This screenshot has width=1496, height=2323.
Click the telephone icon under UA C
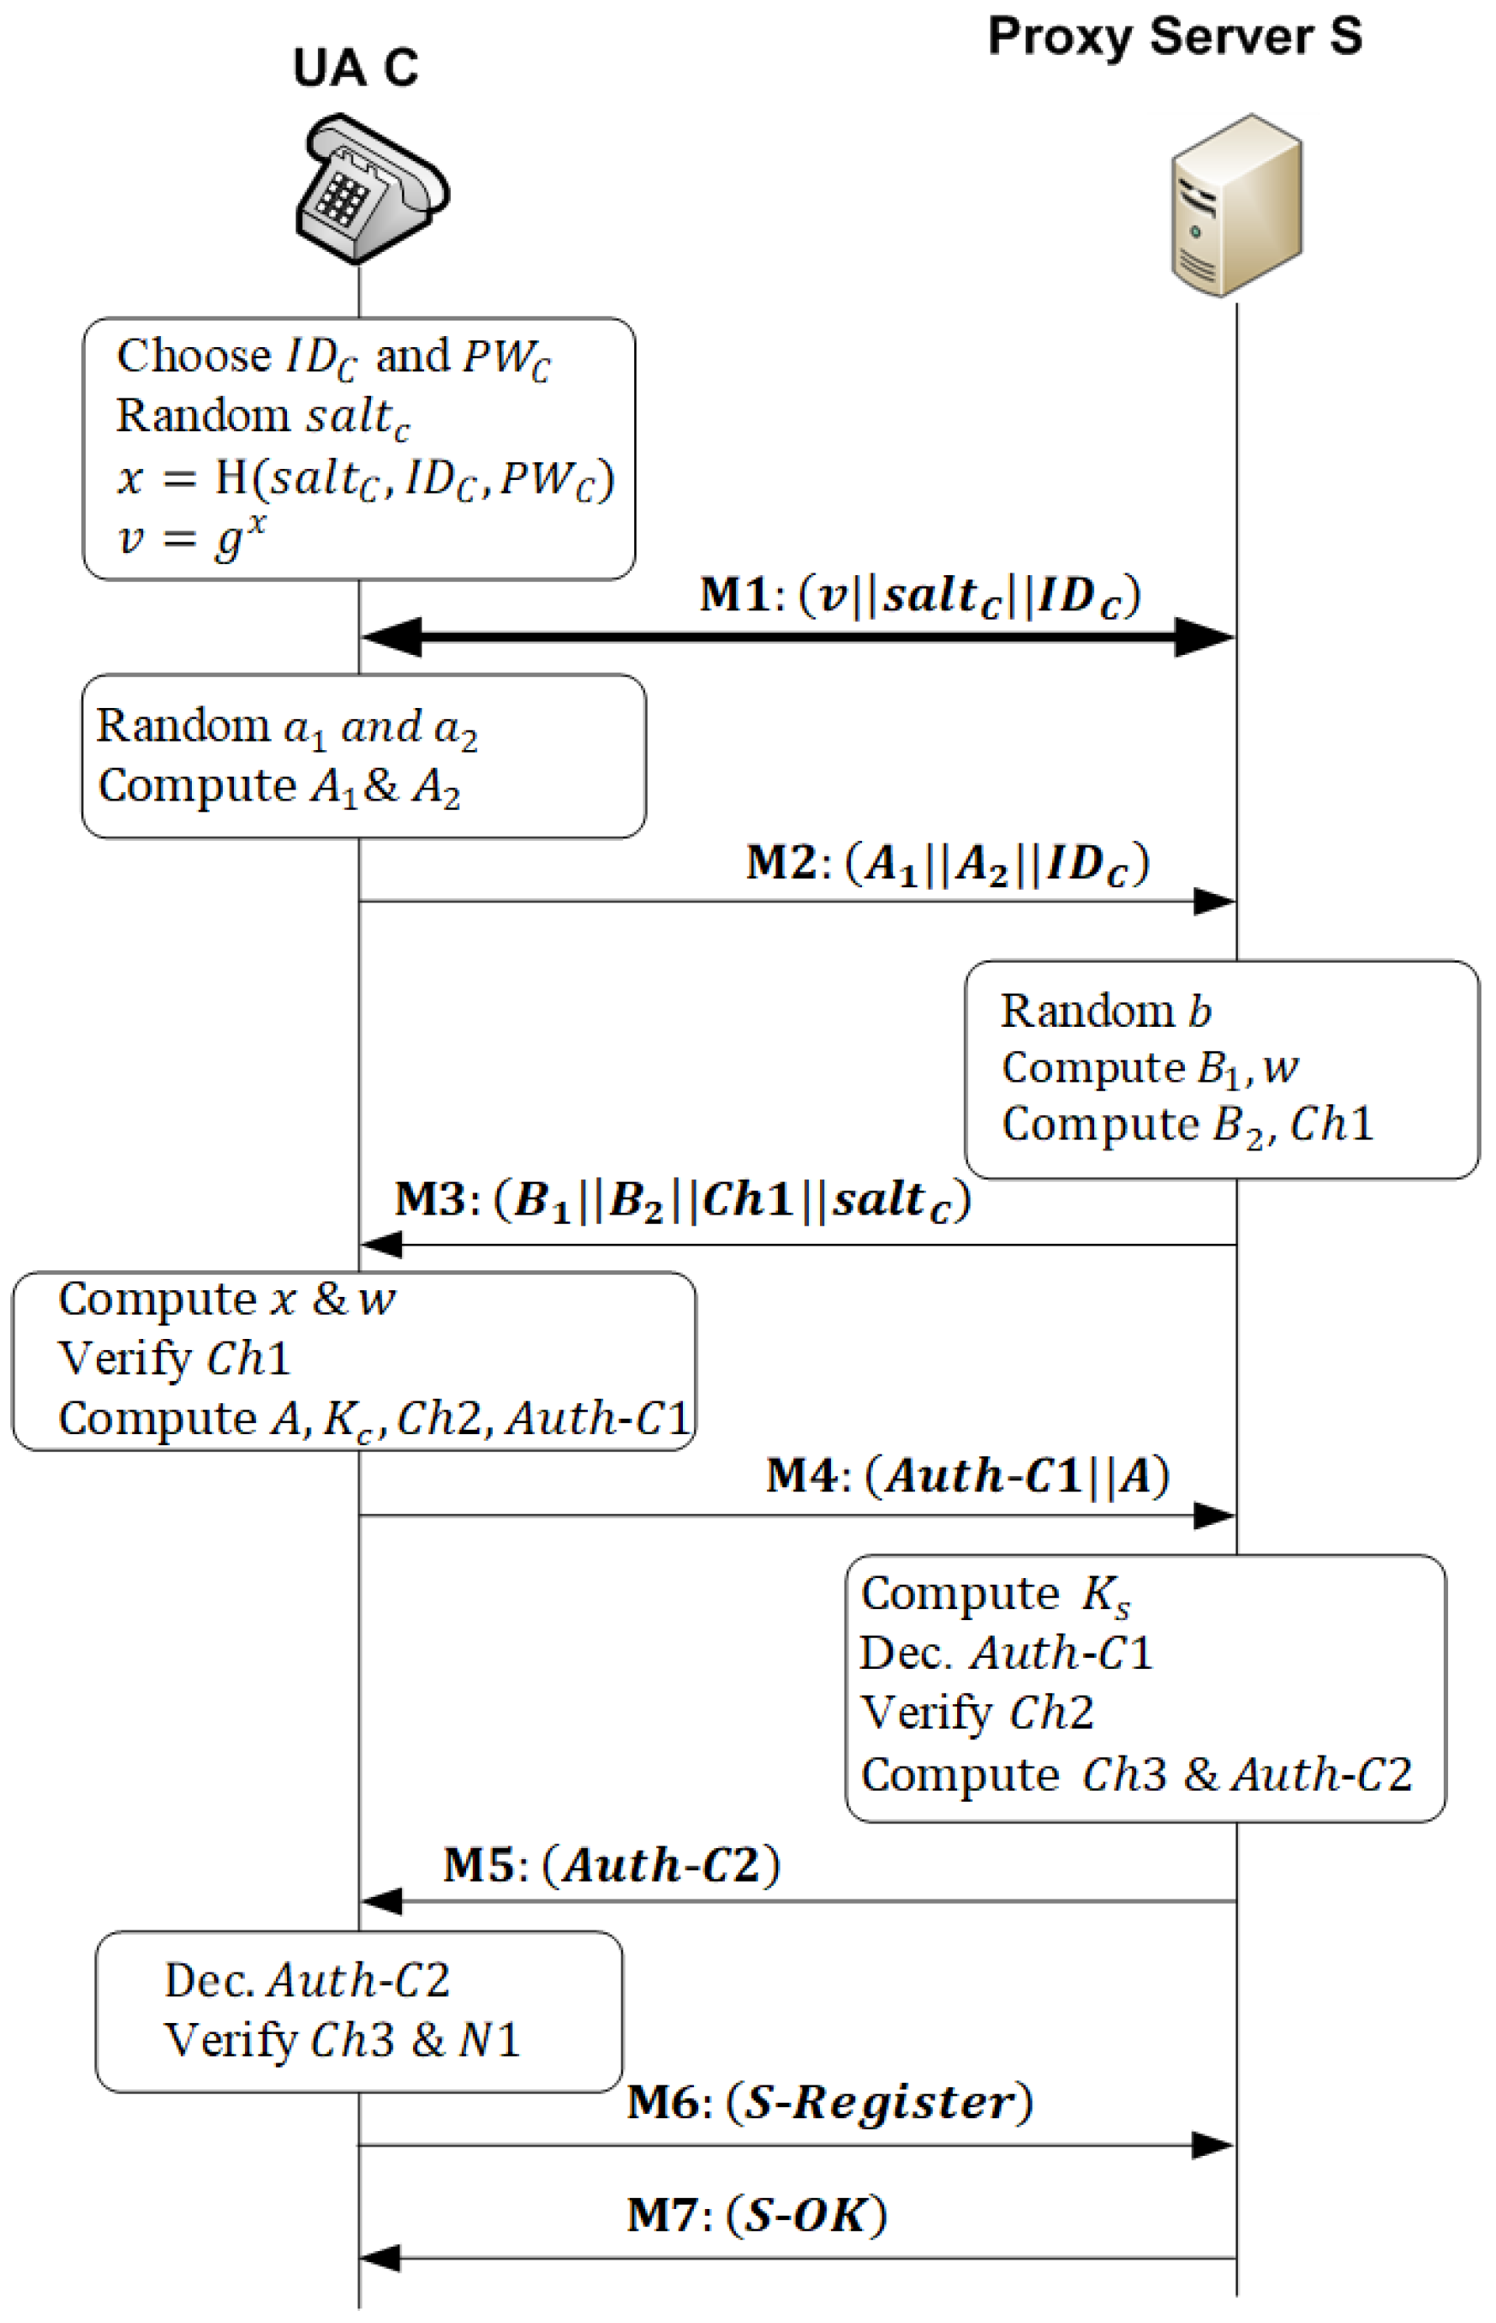pyautogui.click(x=371, y=189)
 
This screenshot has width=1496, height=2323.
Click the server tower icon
pyautogui.click(x=1236, y=206)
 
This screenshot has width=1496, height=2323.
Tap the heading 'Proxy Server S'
pyautogui.click(x=1175, y=37)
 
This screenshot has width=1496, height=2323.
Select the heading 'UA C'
pyautogui.click(x=356, y=68)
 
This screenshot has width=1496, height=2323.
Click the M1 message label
pyautogui.click(x=920, y=595)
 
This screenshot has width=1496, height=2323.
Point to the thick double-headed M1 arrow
pyautogui.click(x=797, y=638)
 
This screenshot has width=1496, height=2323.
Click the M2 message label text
pyautogui.click(x=947, y=862)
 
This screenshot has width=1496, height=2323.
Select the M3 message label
pyautogui.click(x=682, y=1200)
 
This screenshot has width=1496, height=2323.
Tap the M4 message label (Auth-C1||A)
pyautogui.click(x=966, y=1476)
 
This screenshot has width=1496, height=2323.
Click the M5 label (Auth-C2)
pyautogui.click(x=611, y=1864)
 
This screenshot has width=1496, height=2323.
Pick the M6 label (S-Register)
pyautogui.click(x=829, y=2103)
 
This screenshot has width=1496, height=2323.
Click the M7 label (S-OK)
pyautogui.click(x=756, y=2215)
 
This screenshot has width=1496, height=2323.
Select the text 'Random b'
pyautogui.click(x=1105, y=1011)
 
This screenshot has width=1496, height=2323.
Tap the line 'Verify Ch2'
pyautogui.click(x=976, y=1713)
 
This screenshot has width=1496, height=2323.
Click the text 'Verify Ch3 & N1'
pyautogui.click(x=342, y=2040)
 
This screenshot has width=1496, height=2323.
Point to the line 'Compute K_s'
pyautogui.click(x=995, y=1594)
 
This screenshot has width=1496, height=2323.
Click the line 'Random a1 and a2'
pyautogui.click(x=286, y=728)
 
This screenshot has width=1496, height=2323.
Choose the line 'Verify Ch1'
pyautogui.click(x=174, y=1359)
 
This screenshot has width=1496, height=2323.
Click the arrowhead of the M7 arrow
pyautogui.click(x=380, y=2258)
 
